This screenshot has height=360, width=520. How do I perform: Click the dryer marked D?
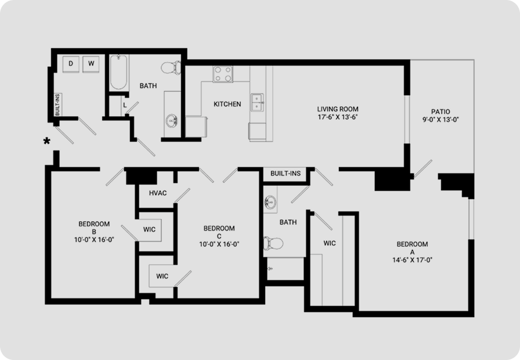(71, 63)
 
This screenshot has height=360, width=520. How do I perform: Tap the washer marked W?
(91, 63)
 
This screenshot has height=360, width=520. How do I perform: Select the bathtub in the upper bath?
(118, 72)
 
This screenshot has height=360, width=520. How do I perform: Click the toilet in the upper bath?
(171, 68)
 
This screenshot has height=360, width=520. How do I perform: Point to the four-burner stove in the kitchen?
(223, 74)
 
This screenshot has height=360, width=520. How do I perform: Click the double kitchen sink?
(257, 103)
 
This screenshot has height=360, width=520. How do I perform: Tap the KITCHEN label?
(227, 104)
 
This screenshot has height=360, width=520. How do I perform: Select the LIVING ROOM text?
(338, 109)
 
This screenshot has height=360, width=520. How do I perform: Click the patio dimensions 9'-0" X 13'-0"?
(440, 120)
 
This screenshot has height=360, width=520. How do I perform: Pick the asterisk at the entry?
(47, 141)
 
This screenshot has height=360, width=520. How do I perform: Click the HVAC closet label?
(158, 193)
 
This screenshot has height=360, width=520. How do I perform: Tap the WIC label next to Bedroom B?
(149, 229)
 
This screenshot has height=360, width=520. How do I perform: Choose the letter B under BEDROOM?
(94, 232)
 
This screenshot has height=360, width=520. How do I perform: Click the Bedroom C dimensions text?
(219, 244)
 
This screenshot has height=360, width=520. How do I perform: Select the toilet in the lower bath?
(273, 243)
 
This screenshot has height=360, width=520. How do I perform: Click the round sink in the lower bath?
(270, 201)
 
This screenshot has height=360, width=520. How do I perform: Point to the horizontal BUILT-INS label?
(286, 173)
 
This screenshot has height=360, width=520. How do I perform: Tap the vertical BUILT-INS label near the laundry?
(57, 105)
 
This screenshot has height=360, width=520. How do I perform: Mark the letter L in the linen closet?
(125, 105)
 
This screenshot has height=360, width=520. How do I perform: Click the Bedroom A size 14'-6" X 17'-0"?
(412, 260)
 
